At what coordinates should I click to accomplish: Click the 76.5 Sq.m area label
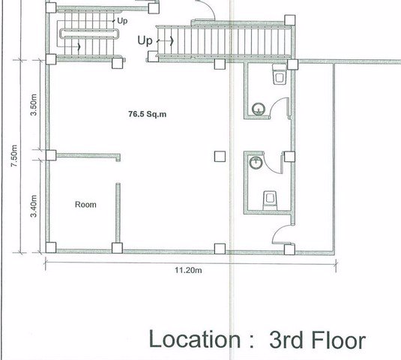tap(142, 115)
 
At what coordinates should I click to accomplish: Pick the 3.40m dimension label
tap(34, 202)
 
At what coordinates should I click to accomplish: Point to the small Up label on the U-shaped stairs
tap(121, 21)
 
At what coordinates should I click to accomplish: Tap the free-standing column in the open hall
tap(218, 156)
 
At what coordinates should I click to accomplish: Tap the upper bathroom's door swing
tap(280, 106)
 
